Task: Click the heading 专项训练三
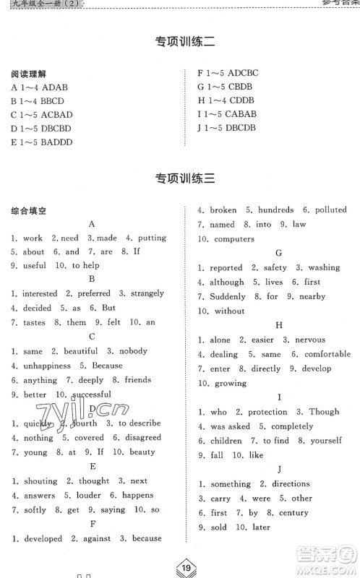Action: point(180,178)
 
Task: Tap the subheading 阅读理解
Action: point(28,74)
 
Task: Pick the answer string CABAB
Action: point(240,114)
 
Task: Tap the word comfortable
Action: point(327,354)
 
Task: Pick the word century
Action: point(293,513)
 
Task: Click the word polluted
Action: point(330,210)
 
